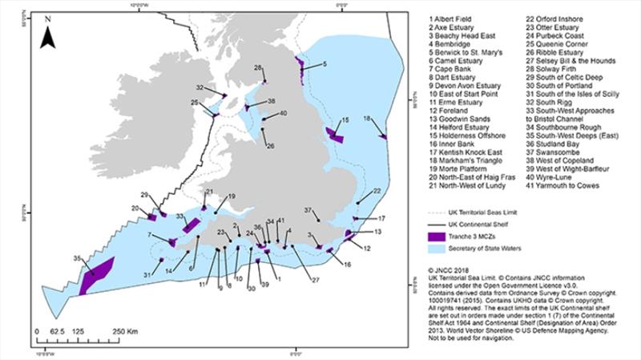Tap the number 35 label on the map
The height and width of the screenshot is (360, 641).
[77, 258]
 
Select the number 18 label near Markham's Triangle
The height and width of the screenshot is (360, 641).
[367, 119]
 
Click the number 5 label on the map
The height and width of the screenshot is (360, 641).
[324, 63]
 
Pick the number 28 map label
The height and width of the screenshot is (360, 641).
[258, 67]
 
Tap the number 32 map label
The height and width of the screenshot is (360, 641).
[199, 87]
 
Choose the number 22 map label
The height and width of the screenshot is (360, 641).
[376, 191]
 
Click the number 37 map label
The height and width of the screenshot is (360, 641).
[308, 210]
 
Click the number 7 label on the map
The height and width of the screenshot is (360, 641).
[150, 234]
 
